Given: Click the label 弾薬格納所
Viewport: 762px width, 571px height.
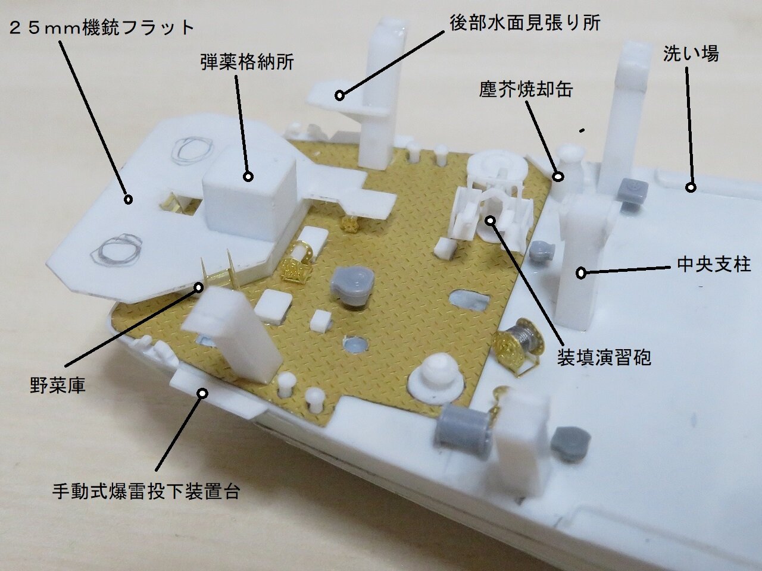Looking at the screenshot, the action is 247,61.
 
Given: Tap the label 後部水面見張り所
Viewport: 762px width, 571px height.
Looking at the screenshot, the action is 524,23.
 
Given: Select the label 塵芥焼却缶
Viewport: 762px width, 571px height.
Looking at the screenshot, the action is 526,89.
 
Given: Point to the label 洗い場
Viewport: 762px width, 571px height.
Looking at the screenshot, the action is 691,54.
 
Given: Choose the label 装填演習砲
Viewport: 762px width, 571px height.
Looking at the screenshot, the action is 604,356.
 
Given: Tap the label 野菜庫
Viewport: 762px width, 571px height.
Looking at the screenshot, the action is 58,385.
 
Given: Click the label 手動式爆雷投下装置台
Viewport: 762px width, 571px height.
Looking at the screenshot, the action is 146,491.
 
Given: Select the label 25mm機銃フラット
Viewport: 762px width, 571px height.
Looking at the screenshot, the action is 102,27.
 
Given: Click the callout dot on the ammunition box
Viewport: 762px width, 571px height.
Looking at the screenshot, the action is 248,176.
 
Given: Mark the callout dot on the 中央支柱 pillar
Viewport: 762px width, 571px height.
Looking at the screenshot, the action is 581,273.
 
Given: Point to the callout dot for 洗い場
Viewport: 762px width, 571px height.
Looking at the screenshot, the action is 691,187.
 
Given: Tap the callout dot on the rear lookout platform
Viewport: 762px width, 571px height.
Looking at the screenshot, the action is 339,95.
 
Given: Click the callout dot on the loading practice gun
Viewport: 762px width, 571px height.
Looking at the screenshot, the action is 490,220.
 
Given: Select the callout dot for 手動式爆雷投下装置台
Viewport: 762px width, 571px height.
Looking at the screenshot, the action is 202,393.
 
